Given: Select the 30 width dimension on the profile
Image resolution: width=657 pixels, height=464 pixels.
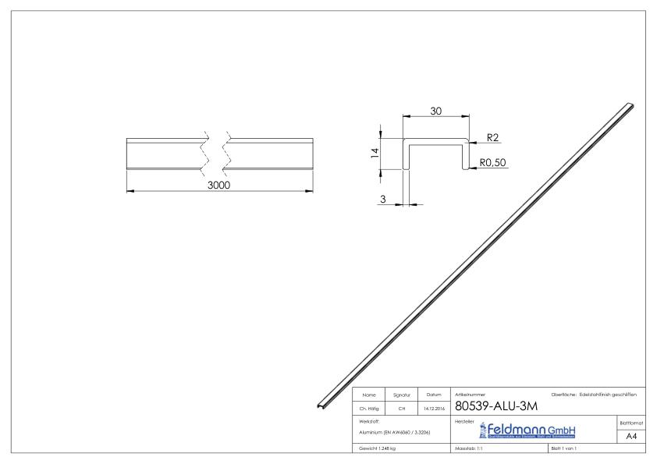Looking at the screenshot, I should coord(435,112).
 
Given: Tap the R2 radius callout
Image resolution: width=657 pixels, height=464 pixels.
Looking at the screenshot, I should coord(492,138).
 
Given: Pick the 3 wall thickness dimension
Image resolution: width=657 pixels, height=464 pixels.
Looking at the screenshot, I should coord(383,200).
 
